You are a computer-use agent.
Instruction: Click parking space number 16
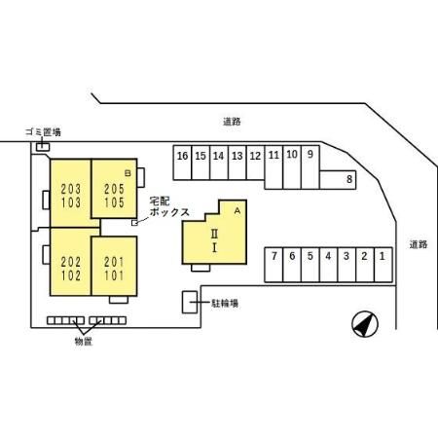tap(182, 163)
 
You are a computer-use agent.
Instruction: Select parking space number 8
tap(338, 179)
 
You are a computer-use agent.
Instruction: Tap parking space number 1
tap(383, 265)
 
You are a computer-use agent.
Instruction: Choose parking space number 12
tap(255, 163)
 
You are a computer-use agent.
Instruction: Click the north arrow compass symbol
tap(365, 324)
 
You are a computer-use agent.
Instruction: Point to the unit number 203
tap(71, 189)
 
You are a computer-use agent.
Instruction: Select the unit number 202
tap(71, 262)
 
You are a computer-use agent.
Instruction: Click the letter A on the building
tap(237, 211)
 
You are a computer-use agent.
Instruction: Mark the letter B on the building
tap(128, 173)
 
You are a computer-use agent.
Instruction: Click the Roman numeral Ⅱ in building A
tap(214, 234)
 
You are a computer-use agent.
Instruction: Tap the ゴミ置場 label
tap(43, 132)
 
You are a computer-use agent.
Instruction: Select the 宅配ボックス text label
tap(169, 206)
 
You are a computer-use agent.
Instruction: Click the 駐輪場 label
tap(225, 304)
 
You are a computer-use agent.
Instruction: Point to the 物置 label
tap(84, 342)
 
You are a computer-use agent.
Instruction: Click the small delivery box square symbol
tap(134, 223)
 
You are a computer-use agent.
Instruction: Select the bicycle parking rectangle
tap(190, 303)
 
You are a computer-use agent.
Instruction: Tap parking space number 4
tap(328, 265)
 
